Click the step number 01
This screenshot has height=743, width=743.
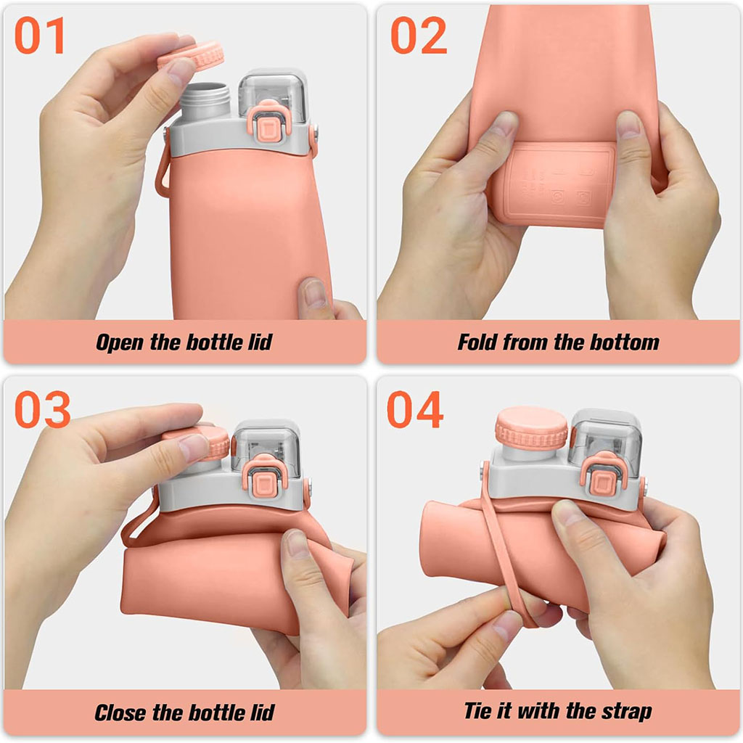tap(40, 36)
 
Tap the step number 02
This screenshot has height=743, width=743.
tap(419, 35)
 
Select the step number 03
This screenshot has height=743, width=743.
tap(43, 409)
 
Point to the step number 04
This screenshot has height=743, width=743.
tap(415, 409)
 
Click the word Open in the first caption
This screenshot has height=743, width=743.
tap(120, 342)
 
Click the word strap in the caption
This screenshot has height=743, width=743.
tap(627, 712)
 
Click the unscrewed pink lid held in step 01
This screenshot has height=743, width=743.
tap(192, 56)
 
